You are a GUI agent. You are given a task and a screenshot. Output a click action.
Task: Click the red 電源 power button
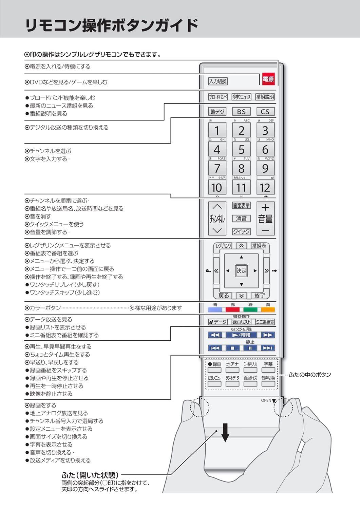[x=268, y=79]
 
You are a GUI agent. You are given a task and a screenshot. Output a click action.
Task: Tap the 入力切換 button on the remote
[x=217, y=81]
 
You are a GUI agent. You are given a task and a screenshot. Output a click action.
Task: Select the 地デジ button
[x=217, y=112]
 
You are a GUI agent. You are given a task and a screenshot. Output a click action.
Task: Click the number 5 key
[x=241, y=149]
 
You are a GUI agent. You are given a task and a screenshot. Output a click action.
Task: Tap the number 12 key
[x=265, y=187]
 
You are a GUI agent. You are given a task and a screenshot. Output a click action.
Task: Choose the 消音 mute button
[x=241, y=219]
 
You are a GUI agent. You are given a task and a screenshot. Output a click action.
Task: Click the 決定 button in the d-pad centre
[x=241, y=271]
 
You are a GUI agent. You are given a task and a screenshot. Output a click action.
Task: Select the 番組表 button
[x=259, y=246]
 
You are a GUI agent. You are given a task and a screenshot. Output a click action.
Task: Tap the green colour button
[x=250, y=309]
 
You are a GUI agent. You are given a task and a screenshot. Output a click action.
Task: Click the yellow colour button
[x=268, y=309]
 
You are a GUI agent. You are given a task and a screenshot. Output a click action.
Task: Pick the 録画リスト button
[x=241, y=322]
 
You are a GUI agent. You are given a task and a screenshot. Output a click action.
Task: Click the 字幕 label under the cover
[x=268, y=364]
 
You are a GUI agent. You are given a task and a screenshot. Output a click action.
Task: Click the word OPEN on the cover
[x=266, y=400]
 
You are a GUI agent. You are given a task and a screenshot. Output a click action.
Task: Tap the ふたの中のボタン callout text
[x=310, y=375]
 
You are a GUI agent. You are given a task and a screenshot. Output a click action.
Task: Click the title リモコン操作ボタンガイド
[x=112, y=25]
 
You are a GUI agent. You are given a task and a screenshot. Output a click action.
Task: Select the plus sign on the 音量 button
[x=265, y=207]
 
